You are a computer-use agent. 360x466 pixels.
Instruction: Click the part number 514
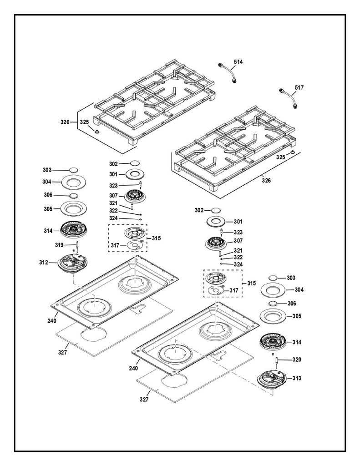pos(238,61)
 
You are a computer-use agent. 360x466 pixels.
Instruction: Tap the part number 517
pos(299,87)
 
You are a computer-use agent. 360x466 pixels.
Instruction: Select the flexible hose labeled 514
pos(229,72)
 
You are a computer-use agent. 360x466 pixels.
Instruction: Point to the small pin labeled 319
pos(77,246)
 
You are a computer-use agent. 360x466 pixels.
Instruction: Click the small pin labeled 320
pos(276,361)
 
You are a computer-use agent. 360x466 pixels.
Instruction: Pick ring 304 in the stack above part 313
pos(273,290)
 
